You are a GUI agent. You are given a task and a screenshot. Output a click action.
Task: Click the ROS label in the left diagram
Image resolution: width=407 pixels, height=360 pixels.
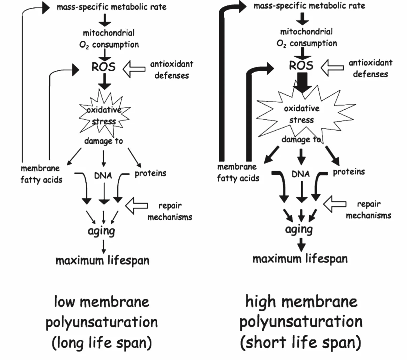coord(103,67)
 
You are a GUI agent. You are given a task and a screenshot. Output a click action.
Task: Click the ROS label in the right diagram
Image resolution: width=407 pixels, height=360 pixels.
coord(301,65)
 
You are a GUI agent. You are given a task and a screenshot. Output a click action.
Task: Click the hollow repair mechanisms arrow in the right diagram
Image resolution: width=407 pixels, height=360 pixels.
coord(334,204)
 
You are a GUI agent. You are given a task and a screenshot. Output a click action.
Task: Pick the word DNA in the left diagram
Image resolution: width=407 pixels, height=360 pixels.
coord(103,175)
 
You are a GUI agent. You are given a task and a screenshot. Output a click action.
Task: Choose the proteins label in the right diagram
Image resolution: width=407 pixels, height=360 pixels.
coord(349,172)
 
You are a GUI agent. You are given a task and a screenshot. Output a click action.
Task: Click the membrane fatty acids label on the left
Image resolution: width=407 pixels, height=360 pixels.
coord(41,174)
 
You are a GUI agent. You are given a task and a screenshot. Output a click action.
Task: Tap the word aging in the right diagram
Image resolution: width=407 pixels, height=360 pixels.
coord(299,229)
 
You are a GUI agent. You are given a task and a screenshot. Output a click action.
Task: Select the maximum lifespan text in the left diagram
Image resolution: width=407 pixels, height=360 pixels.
coord(102,260)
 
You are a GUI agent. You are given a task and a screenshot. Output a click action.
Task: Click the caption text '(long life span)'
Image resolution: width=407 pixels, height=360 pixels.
coord(101,343)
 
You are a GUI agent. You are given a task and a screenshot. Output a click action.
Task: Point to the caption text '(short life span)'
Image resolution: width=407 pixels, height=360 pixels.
coord(300,343)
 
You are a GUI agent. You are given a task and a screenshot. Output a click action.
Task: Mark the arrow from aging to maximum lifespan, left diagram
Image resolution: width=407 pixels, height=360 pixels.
coord(104,247)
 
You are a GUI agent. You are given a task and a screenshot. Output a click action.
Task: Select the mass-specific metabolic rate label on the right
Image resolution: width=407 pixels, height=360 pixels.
coord(309,6)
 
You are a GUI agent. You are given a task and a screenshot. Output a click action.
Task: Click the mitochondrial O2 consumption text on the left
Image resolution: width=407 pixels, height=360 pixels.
coord(109,38)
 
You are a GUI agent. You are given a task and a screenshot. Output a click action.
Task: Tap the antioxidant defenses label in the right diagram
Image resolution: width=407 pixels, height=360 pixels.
coord(370,68)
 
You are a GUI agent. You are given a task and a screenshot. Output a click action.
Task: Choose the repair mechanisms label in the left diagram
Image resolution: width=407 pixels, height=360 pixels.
coord(170,211)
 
